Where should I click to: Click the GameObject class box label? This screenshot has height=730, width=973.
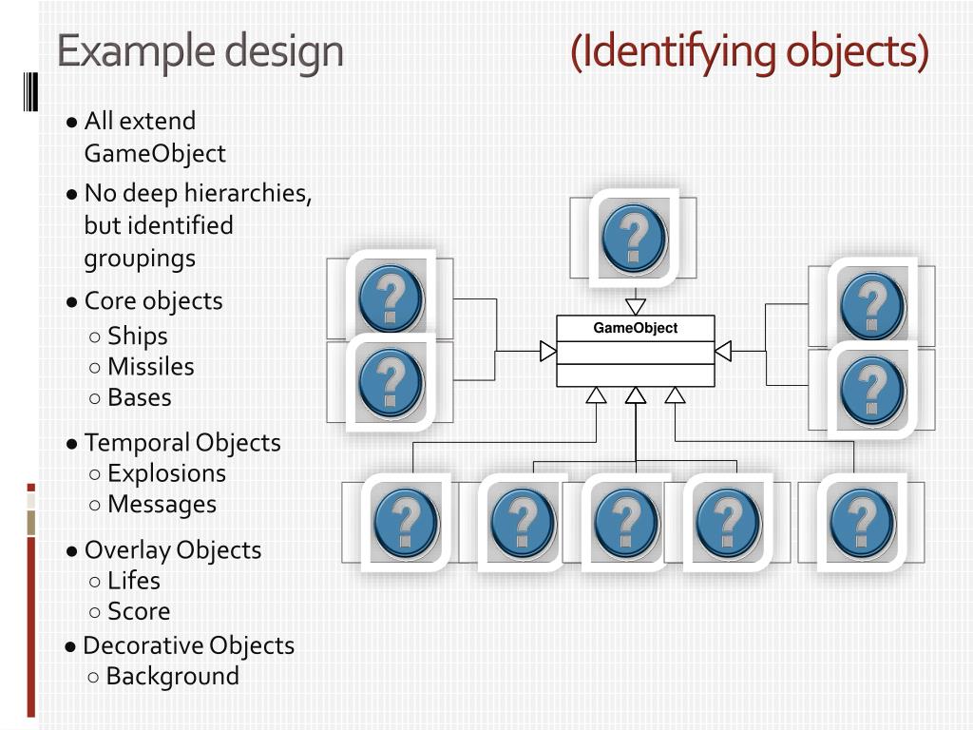[635, 328]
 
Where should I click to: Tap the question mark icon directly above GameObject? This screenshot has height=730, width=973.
[634, 237]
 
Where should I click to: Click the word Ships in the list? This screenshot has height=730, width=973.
[137, 336]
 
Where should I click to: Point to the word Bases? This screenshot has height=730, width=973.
[139, 397]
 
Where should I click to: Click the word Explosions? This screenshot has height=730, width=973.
[166, 473]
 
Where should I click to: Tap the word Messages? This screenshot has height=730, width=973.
[162, 504]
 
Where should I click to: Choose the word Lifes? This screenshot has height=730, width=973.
[133, 580]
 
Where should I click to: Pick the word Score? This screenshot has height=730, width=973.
[139, 611]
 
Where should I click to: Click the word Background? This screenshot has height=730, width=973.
[172, 676]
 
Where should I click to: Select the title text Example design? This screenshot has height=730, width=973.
[200, 51]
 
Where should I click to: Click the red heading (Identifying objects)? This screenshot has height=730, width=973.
[750, 51]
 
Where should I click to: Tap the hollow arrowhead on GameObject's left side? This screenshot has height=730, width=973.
[548, 352]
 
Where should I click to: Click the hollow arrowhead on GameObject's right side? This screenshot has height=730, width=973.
[723, 352]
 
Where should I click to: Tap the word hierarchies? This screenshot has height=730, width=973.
[246, 193]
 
